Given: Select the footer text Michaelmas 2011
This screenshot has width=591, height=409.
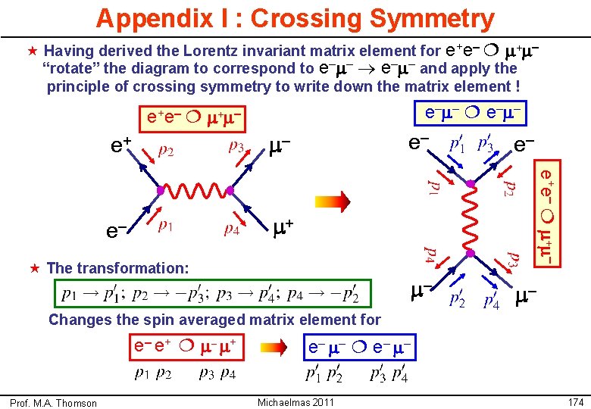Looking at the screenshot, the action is [x=295, y=402].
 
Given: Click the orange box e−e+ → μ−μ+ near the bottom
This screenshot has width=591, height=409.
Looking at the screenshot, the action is [x=186, y=348].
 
